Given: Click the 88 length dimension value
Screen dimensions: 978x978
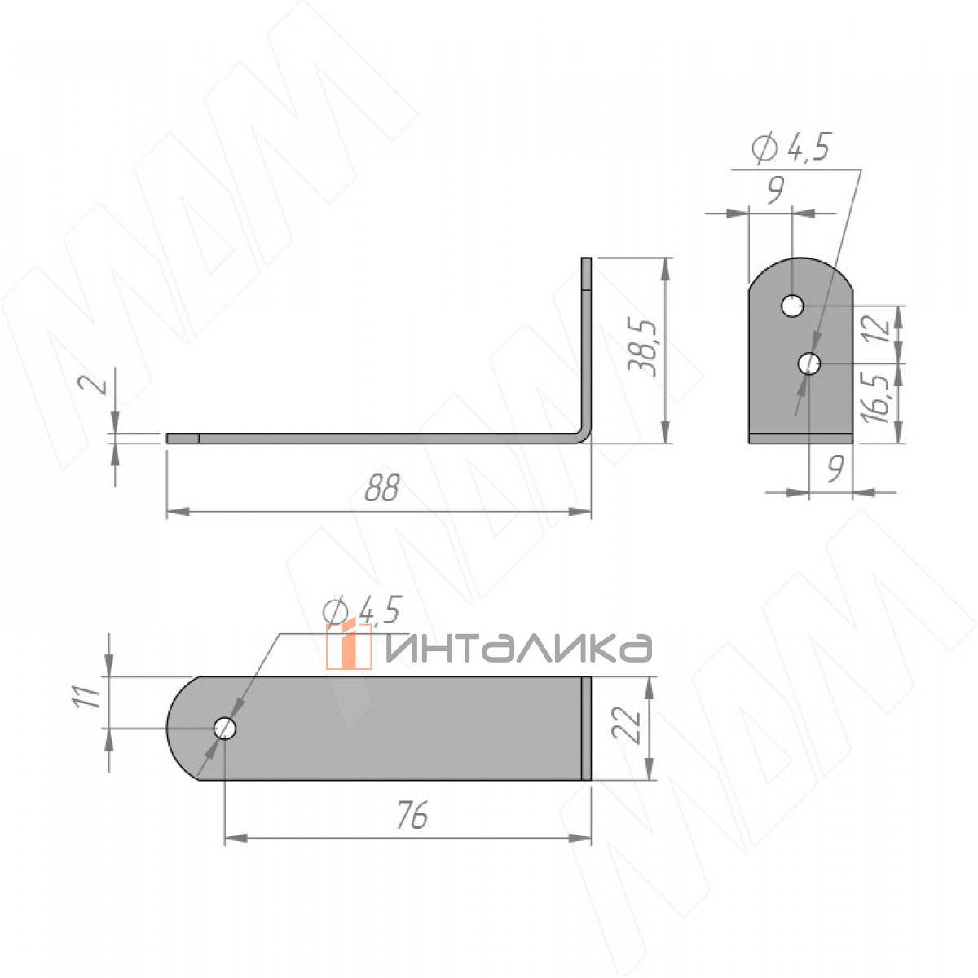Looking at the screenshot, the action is click(383, 487).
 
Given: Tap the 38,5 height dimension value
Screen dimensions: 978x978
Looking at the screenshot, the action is click(643, 348).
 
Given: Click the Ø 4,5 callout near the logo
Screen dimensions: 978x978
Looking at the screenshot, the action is click(363, 610).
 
